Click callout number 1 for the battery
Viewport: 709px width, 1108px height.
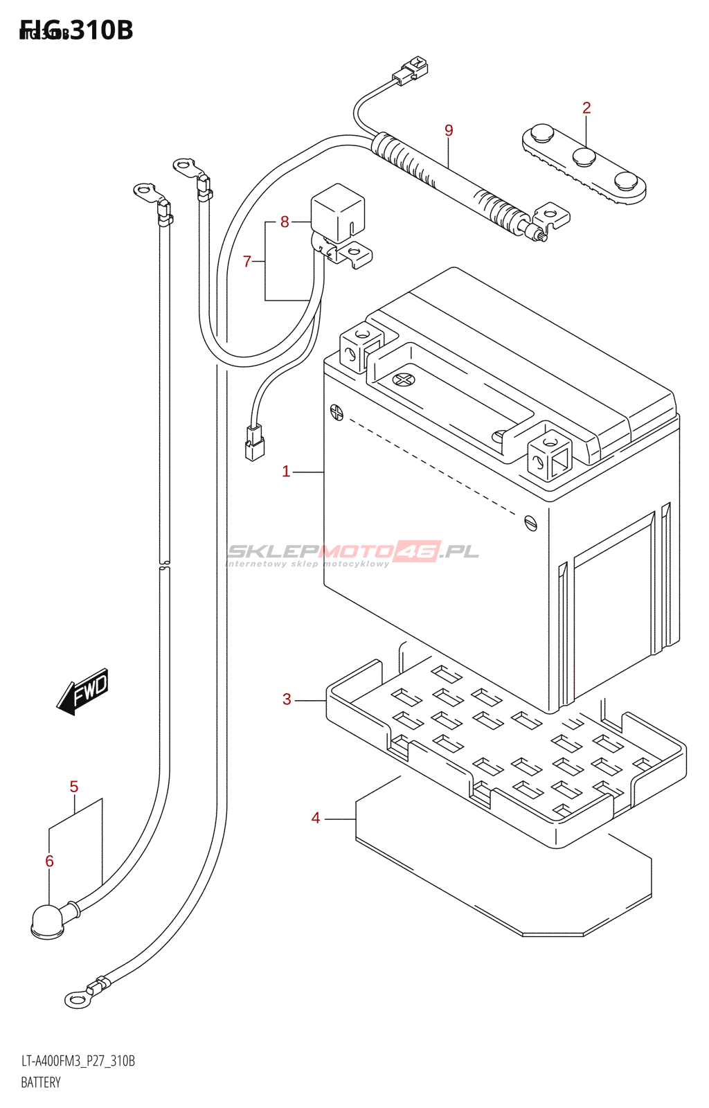(286, 472)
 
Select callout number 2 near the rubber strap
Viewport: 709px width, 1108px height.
(586, 108)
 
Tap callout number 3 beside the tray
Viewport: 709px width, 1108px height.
(287, 699)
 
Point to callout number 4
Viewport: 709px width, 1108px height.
(316, 819)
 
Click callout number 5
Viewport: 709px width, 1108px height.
(74, 787)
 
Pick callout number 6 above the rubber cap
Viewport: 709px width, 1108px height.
(49, 861)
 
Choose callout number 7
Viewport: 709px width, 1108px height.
(247, 261)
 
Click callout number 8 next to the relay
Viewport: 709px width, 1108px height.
(285, 222)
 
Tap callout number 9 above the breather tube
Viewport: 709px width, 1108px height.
(449, 130)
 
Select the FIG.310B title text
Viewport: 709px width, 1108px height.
(76, 30)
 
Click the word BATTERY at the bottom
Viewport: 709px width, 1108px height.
(41, 1082)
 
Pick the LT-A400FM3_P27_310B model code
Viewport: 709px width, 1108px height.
(78, 1061)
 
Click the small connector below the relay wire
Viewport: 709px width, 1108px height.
(254, 444)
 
